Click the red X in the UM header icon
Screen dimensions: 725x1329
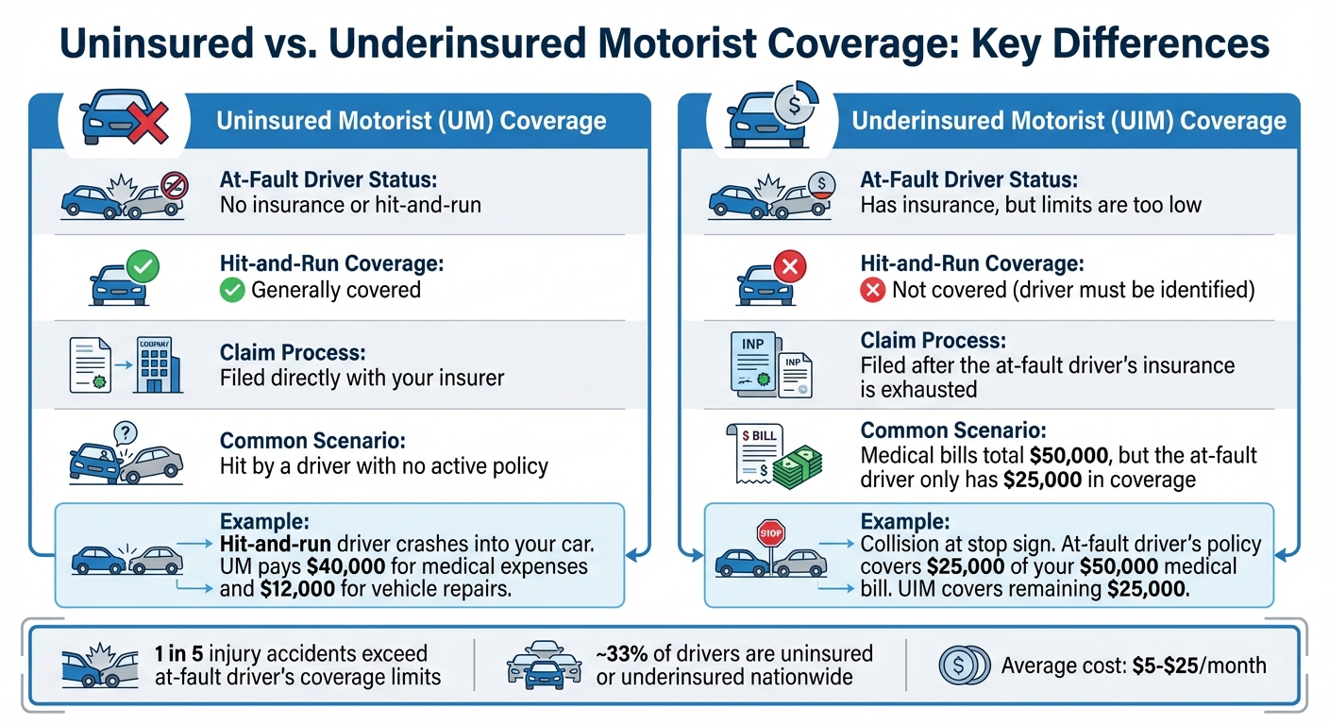(149, 121)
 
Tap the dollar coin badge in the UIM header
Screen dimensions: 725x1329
(796, 107)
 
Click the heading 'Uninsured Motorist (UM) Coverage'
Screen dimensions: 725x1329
(411, 121)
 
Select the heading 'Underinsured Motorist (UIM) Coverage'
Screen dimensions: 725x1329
(1068, 121)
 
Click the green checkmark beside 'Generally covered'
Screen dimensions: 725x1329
(231, 290)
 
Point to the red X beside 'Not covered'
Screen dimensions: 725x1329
(873, 290)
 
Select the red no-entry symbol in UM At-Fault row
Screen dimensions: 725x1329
(174, 185)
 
